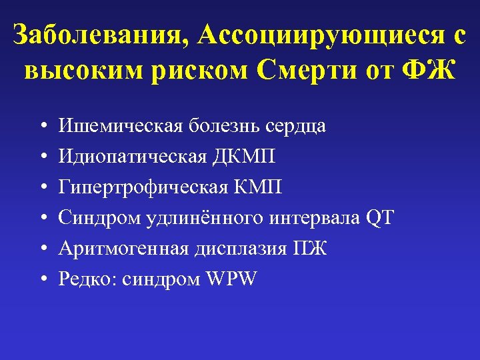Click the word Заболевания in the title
pyautogui.click(x=93, y=37)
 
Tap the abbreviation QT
pyautogui.click(x=380, y=218)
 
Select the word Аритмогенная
pyautogui.click(x=113, y=249)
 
